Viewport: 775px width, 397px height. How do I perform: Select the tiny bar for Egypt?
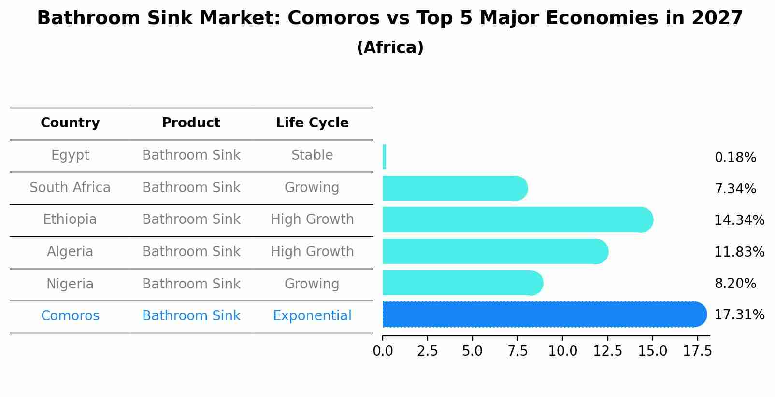coord(384,157)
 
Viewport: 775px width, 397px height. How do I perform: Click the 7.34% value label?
coord(735,189)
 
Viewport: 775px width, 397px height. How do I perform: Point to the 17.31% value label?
coord(739,315)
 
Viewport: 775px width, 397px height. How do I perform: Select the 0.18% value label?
coord(735,158)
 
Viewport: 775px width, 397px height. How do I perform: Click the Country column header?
coord(70,123)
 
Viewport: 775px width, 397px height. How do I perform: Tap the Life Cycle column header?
coord(312,123)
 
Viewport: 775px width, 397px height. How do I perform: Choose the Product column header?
coord(191,123)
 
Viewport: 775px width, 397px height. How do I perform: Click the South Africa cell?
coord(70,188)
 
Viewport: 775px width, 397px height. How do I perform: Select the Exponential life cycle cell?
coord(312,316)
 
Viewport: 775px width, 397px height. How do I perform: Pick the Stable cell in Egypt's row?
coord(312,155)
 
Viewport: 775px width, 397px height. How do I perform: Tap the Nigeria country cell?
coord(70,284)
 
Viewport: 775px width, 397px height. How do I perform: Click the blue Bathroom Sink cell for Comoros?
coord(191,316)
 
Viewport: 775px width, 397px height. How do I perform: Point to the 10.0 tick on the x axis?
coord(562,351)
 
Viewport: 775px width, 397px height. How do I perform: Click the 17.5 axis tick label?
coord(697,351)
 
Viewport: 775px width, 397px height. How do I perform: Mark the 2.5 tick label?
coord(427,351)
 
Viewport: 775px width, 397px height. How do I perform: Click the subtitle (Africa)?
coord(390,48)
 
